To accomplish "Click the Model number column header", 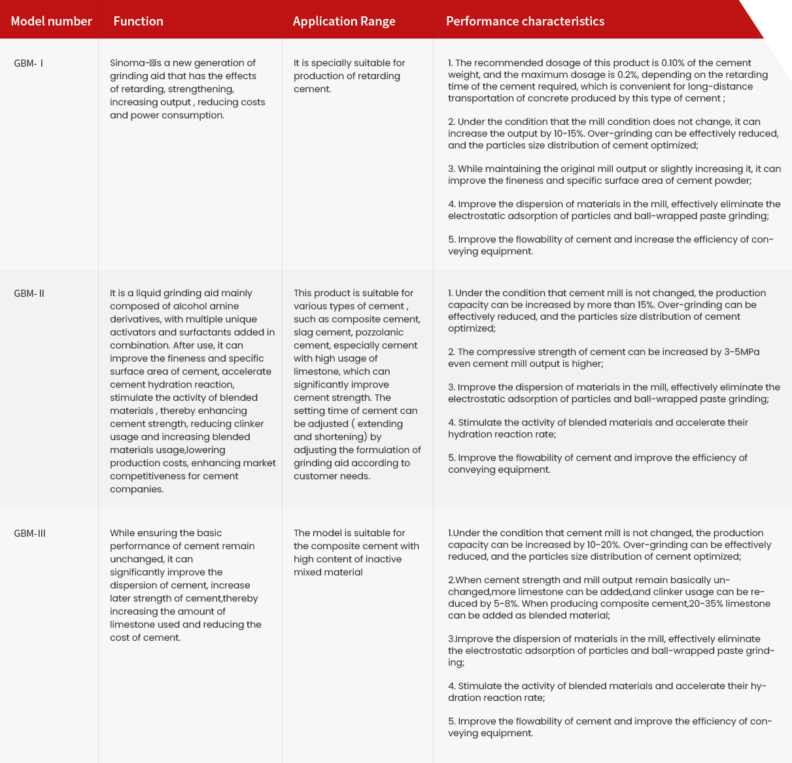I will [x=51, y=21].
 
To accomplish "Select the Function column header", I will [x=138, y=21].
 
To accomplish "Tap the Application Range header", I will [x=344, y=21].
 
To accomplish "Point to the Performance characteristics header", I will [x=525, y=21].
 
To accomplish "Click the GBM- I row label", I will [x=29, y=63].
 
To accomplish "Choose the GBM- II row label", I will [x=29, y=294].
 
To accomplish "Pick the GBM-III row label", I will [x=29, y=534].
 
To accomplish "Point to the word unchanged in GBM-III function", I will [x=137, y=560].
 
